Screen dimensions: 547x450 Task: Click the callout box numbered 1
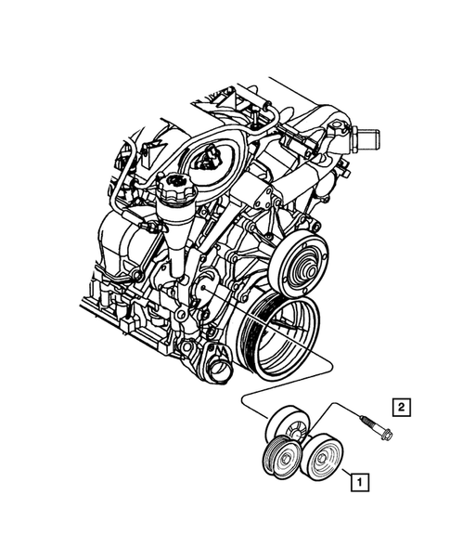tap(357, 481)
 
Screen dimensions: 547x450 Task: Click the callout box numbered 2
tap(401, 406)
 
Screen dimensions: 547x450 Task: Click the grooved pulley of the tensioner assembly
tap(279, 460)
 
